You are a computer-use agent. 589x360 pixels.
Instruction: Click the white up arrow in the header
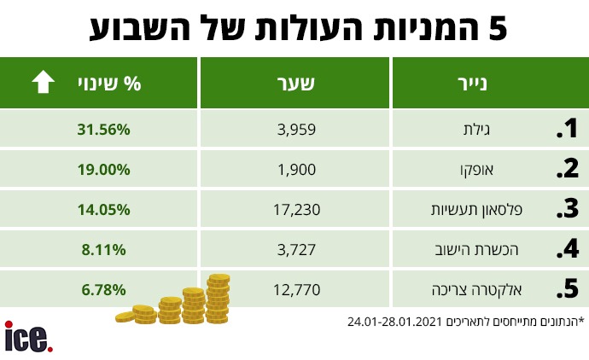click(42, 83)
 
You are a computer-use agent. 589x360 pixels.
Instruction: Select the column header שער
click(296, 84)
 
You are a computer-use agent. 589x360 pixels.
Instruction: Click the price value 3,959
click(297, 130)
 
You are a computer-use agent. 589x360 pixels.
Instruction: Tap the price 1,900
click(297, 169)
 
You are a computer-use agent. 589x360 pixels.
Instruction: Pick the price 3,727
click(297, 249)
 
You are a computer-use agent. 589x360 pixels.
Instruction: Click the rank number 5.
click(566, 289)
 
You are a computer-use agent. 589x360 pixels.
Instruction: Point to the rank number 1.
click(566, 130)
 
